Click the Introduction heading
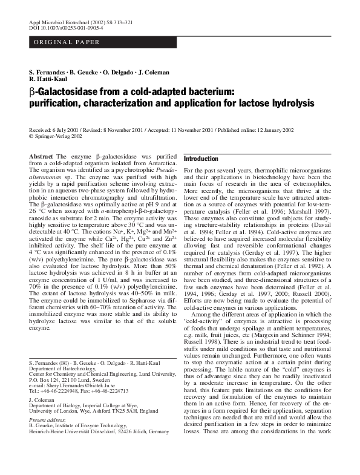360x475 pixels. [x=201, y=159]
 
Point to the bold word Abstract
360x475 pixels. [x=41, y=157]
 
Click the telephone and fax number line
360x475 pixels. [x=79, y=391]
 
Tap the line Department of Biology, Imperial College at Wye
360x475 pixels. [x=87, y=407]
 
